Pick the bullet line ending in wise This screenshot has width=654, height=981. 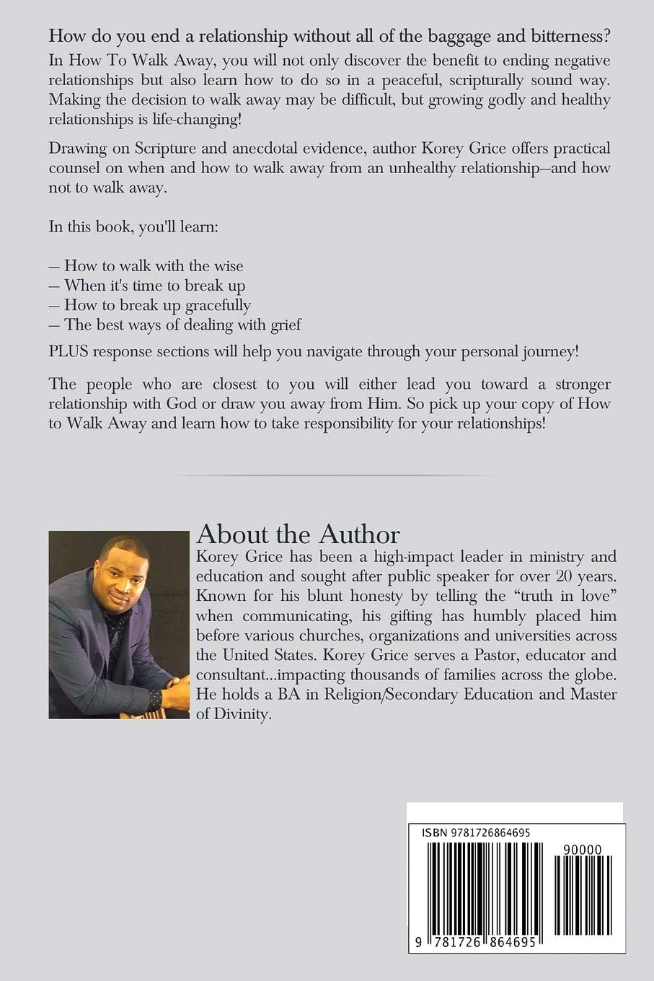click(x=153, y=265)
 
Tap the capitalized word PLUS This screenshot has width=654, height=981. click(x=69, y=353)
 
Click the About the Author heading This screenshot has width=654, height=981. click(x=298, y=535)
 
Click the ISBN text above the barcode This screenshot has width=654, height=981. click(x=476, y=832)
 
